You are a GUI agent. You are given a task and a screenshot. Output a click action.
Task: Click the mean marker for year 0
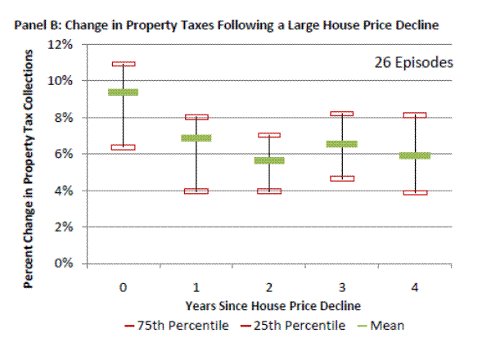coord(123,92)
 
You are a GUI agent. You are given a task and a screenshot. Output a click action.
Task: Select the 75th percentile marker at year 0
coord(123,64)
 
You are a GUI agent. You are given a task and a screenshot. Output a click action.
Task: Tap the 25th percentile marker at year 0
coord(123,147)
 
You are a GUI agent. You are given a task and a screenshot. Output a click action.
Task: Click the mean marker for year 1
coord(196,138)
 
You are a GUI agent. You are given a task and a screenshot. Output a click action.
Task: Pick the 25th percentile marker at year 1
coord(196,191)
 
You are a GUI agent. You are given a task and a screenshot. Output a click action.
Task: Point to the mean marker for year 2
coord(269,160)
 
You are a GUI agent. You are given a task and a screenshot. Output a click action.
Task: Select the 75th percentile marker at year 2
coord(269,135)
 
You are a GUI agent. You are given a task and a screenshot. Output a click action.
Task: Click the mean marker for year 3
coord(342,144)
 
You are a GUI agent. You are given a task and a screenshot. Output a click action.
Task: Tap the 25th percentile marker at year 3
coord(342,178)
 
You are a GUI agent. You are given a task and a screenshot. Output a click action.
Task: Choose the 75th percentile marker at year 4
coord(415,115)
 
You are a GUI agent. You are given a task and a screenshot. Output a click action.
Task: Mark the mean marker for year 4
coord(415,155)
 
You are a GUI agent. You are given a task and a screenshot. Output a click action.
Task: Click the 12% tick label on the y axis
coord(63,44)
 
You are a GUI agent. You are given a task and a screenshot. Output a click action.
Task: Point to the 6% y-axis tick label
coord(66,154)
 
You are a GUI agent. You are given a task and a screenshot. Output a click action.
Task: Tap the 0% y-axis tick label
coord(66,263)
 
